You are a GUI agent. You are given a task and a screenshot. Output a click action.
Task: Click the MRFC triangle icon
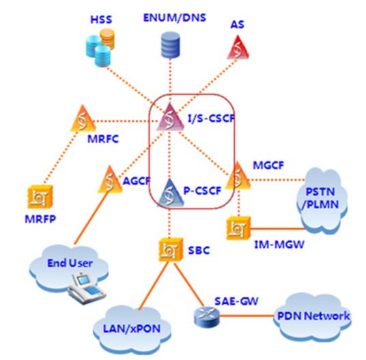point(80,122)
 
